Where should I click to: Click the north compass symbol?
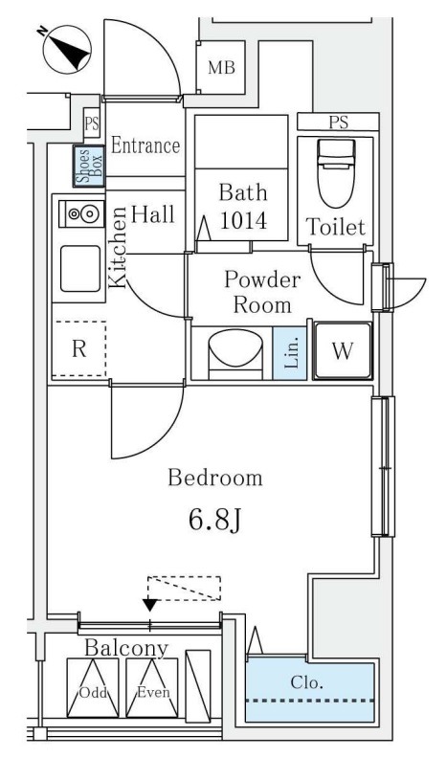67,50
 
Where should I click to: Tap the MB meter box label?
222,68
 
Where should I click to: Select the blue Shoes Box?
89,166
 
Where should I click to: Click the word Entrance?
145,145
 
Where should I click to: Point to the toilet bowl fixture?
336,173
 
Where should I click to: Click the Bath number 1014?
243,221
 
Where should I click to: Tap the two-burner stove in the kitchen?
81,213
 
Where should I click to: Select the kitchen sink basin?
80,268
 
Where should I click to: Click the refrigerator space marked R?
79,348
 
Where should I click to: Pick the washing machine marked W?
343,351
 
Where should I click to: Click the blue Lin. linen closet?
290,353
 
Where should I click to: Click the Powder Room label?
262,293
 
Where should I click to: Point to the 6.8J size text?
214,520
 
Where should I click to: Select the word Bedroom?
215,478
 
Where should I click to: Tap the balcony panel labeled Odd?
93,687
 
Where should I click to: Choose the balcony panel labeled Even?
153,687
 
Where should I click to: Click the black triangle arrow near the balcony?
151,605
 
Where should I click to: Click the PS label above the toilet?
338,122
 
